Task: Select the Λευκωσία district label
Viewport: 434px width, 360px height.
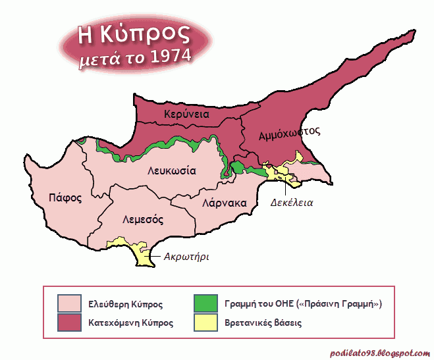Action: pyautogui.click(x=171, y=170)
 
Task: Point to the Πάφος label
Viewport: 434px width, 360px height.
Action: pyautogui.click(x=65, y=197)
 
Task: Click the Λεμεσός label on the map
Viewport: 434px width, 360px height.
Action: pyautogui.click(x=143, y=219)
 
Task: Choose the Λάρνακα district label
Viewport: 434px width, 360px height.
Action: pyautogui.click(x=225, y=203)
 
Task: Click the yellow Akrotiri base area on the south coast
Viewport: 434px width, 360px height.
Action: pyautogui.click(x=140, y=253)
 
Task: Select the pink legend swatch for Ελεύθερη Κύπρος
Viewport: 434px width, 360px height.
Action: pyautogui.click(x=69, y=303)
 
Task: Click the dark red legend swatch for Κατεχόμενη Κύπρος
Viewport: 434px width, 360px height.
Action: pyautogui.click(x=69, y=322)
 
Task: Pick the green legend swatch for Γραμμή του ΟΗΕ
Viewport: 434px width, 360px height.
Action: pyautogui.click(x=205, y=303)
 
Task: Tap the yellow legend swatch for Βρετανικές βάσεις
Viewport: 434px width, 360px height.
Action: pyautogui.click(x=205, y=322)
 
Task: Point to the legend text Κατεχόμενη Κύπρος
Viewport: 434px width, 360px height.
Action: pyautogui.click(x=131, y=323)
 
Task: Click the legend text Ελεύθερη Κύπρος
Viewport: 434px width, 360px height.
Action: pyautogui.click(x=126, y=304)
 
